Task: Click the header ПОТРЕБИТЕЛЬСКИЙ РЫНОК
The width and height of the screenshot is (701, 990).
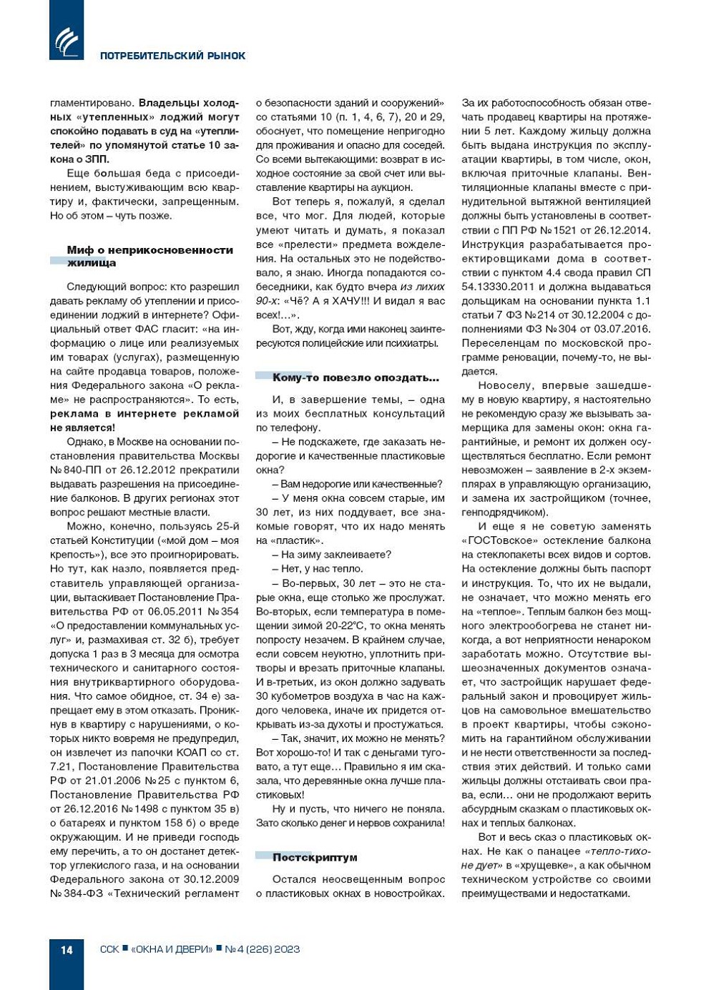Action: pos(172,56)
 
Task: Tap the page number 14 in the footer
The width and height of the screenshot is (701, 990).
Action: pos(67,949)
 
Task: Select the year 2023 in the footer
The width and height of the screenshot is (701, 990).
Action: pos(287,949)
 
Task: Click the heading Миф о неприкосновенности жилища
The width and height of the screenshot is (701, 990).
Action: pos(149,256)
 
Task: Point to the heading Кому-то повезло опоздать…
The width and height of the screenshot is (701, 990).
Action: pos(356,377)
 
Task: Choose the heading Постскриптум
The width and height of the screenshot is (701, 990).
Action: pos(315,857)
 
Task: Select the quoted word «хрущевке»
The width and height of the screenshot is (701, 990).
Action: pos(544,865)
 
